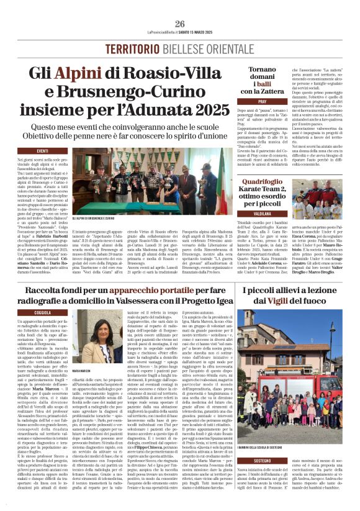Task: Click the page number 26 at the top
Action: (x=180, y=24)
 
